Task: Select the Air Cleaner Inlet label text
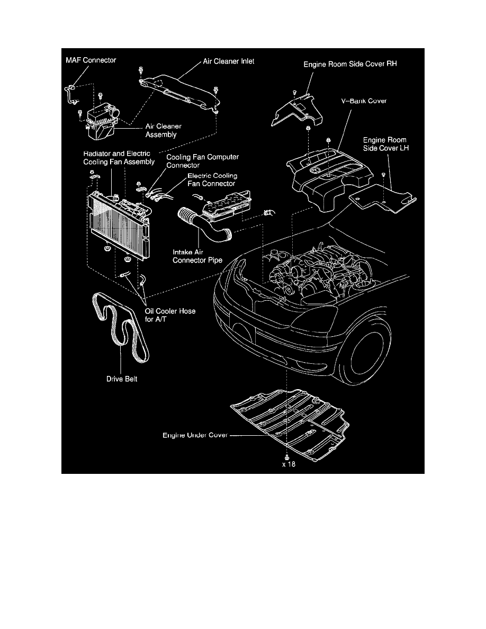[x=229, y=61]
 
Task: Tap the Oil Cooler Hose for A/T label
[x=169, y=315]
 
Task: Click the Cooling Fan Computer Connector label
[x=203, y=161]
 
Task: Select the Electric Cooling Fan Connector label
[x=212, y=179]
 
